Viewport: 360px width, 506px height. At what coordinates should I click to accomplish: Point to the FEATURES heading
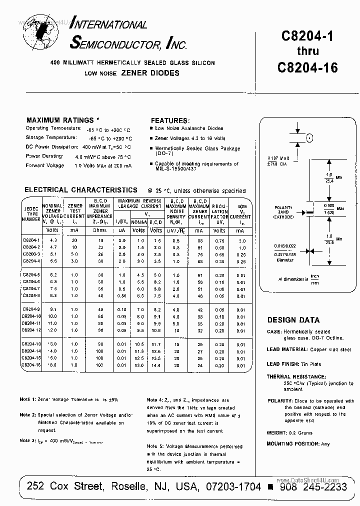coord(170,120)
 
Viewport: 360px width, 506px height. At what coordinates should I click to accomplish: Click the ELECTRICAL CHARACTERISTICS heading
coord(81,190)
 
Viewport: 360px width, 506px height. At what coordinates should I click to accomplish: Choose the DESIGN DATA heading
coord(293,320)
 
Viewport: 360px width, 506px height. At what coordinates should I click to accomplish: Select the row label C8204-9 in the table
coord(31,309)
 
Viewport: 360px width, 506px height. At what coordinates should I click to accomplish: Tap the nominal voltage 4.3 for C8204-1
coord(52,240)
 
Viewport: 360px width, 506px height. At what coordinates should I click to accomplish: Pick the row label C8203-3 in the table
coord(31,254)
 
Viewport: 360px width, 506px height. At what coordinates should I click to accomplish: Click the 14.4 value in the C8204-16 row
coord(156,365)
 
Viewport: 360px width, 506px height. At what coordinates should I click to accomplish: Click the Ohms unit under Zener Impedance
coord(99,230)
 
